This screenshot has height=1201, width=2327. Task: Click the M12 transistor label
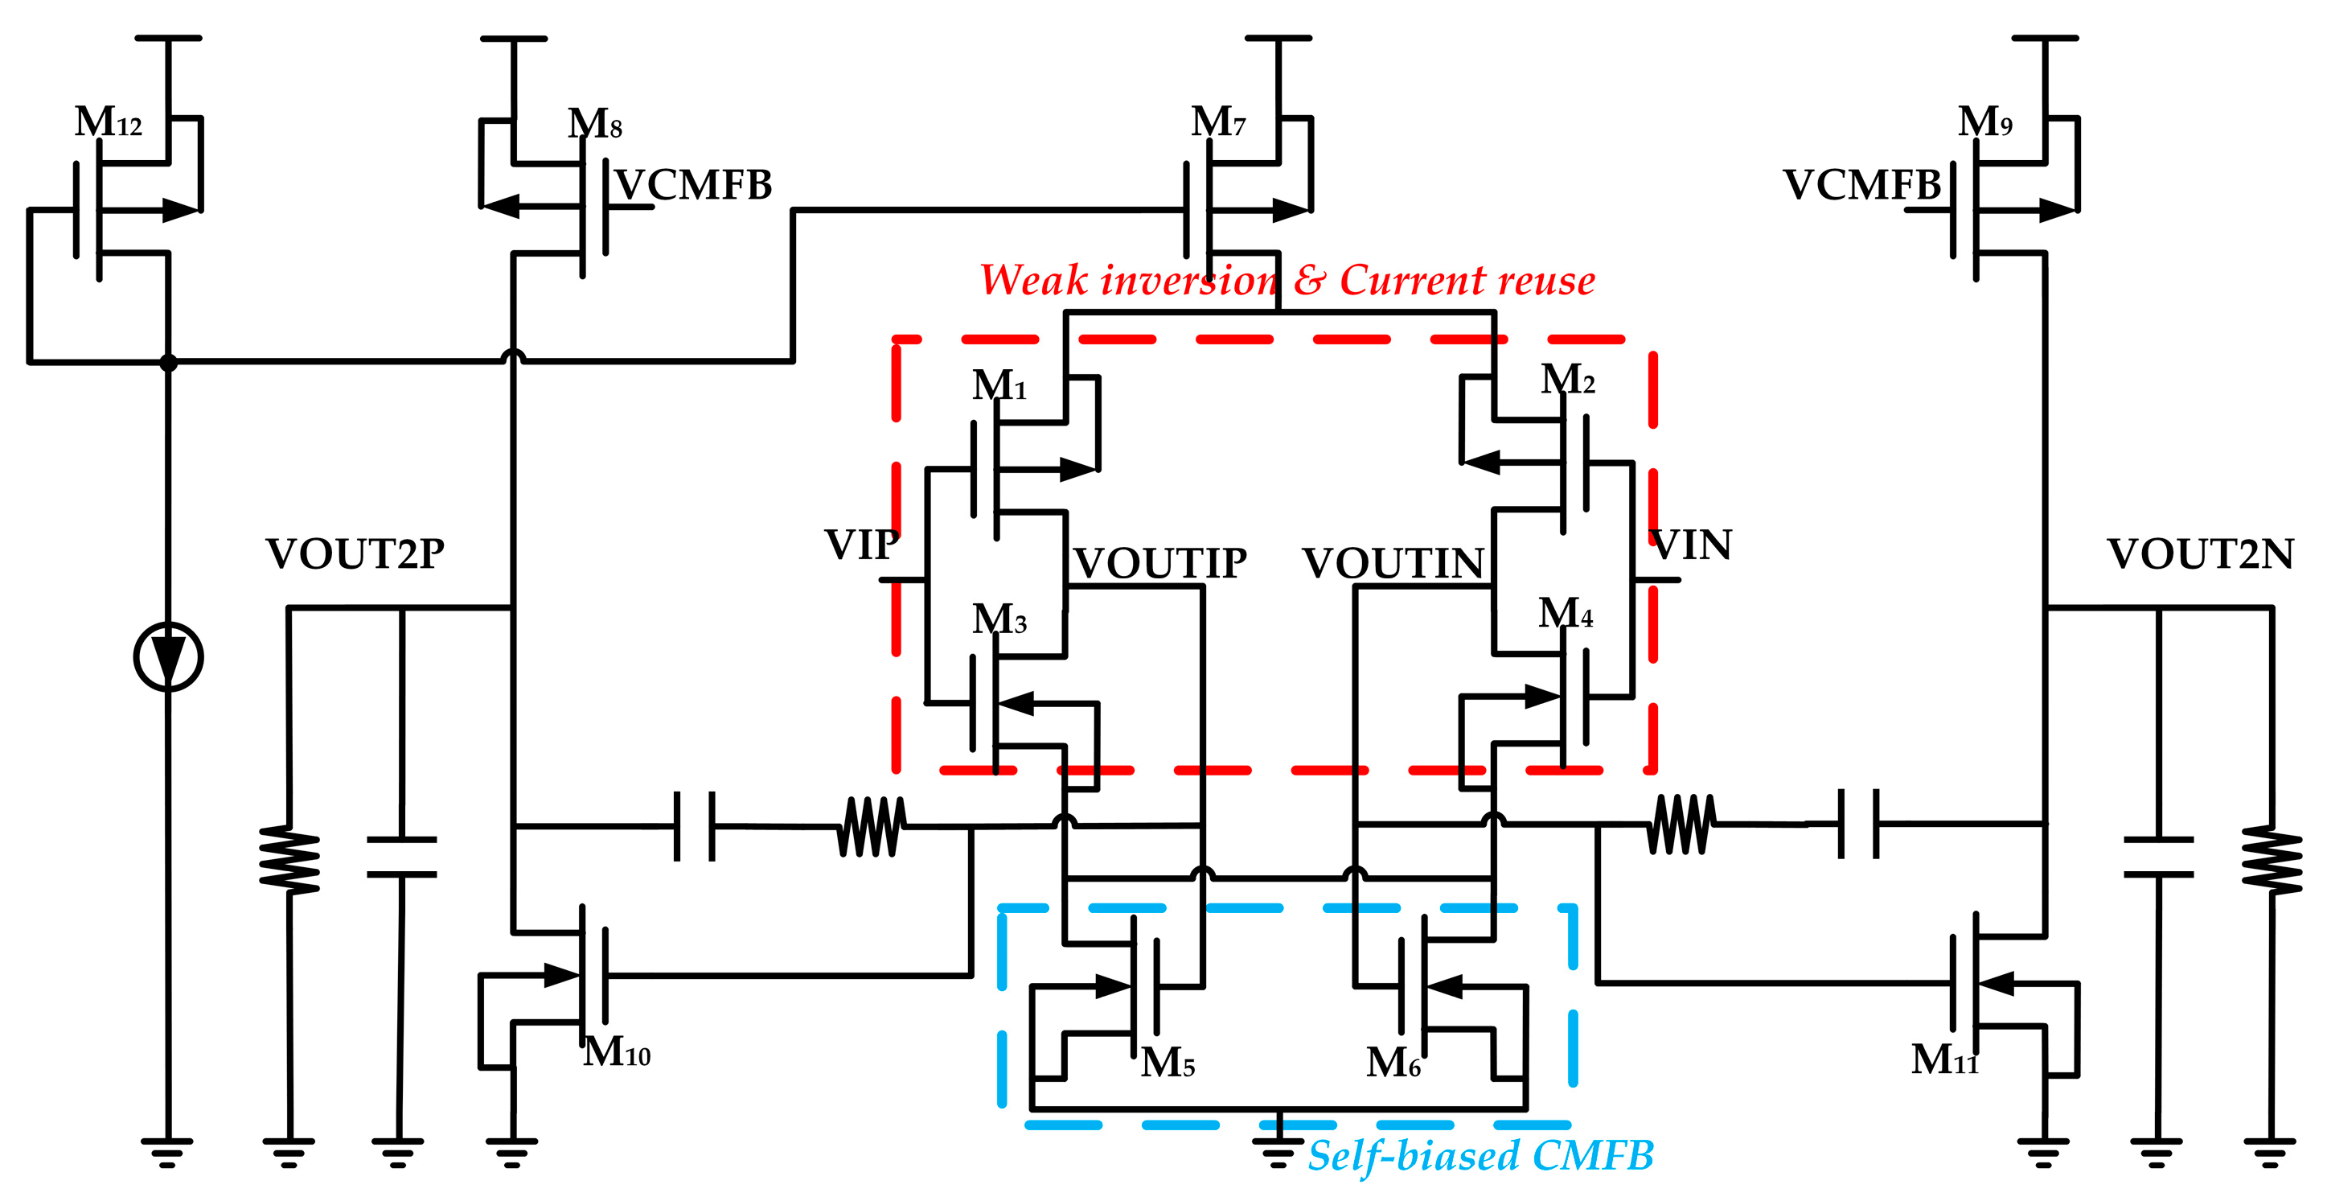coord(108,121)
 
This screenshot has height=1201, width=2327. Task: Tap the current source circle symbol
coord(168,657)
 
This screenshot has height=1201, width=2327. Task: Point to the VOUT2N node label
coord(2201,554)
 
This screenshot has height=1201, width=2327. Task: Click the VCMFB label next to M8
coord(694,185)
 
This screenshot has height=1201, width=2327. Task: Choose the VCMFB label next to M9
coord(1861,185)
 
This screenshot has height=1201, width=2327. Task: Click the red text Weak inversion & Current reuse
coord(1287,280)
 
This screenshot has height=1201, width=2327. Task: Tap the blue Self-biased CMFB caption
coord(1480,1155)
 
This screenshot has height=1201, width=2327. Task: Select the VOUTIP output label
coord(1160,563)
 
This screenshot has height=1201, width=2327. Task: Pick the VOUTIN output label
coord(1393,563)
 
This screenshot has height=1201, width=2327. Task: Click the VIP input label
coord(861,545)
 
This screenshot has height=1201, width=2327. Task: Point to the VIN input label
coord(1691,545)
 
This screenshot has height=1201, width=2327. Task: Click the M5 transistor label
coord(1167,1063)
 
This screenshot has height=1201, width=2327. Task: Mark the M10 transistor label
coord(616,1052)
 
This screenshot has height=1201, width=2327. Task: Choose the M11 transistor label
coord(1944,1059)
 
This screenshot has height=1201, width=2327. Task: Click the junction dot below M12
coord(168,362)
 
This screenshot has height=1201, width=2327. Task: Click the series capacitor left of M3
coord(695,825)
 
